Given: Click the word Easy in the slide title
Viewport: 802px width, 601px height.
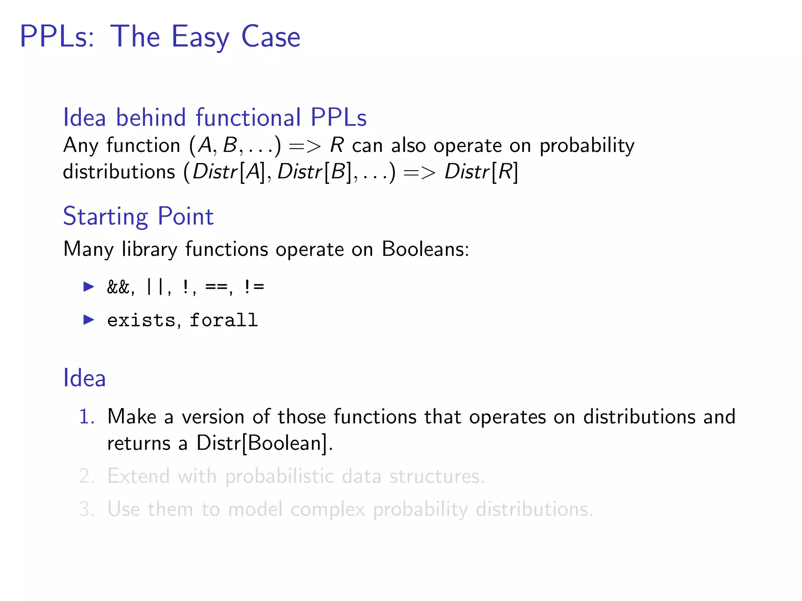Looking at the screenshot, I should pyautogui.click(x=200, y=37).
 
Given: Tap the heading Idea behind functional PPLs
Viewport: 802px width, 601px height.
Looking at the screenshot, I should pyautogui.click(x=215, y=117).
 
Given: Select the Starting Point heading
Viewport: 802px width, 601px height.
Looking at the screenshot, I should pyautogui.click(x=138, y=216).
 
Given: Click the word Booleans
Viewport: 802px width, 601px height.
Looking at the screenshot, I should pyautogui.click(x=424, y=249).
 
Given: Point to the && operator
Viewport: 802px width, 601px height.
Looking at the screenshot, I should pyautogui.click(x=118, y=288).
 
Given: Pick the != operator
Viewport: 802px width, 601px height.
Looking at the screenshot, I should pyautogui.click(x=254, y=287).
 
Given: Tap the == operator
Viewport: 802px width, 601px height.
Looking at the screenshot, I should pyautogui.click(x=217, y=288).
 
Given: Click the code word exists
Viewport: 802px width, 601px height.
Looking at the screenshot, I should pyautogui.click(x=141, y=320).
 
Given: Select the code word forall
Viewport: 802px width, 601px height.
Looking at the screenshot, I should pyautogui.click(x=224, y=320).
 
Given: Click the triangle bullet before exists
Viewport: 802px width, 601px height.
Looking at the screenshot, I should pyautogui.click(x=89, y=320).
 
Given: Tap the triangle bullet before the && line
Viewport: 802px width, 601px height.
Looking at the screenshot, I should pyautogui.click(x=89, y=287).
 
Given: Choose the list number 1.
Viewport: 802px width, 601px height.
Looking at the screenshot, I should pyautogui.click(x=86, y=416).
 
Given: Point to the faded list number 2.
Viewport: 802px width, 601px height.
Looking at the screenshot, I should pyautogui.click(x=86, y=476).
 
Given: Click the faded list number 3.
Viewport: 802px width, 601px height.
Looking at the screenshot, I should pyautogui.click(x=86, y=509).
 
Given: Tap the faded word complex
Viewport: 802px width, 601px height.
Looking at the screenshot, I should pyautogui.click(x=328, y=510).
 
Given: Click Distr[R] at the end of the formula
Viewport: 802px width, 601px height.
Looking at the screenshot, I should pyautogui.click(x=481, y=172).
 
